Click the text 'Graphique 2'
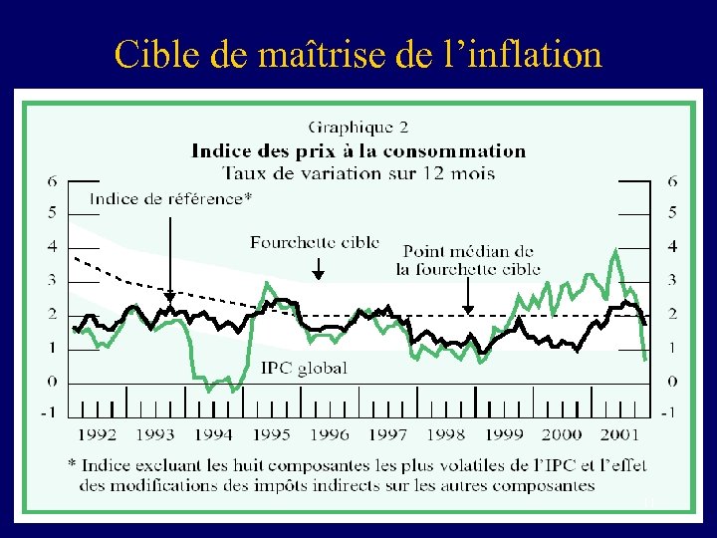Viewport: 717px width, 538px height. [x=358, y=128]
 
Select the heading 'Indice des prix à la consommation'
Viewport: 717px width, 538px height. [x=358, y=151]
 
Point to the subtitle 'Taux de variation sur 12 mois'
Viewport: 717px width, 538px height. [x=358, y=173]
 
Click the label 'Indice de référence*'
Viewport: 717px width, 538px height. [x=170, y=198]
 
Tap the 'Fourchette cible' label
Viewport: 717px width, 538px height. [x=315, y=242]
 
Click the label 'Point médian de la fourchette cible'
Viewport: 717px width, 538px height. [x=468, y=260]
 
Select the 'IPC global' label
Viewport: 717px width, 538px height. [x=304, y=368]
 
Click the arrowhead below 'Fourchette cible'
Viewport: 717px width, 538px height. [x=319, y=273]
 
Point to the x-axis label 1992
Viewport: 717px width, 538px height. [x=97, y=433]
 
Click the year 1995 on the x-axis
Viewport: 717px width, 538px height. [x=272, y=433]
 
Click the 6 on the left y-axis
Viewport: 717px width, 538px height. [x=52, y=180]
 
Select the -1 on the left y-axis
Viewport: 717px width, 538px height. [x=49, y=411]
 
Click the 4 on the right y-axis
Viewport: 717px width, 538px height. [x=673, y=246]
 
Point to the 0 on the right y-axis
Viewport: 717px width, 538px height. [x=673, y=382]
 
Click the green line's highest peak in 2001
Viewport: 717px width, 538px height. [x=616, y=249]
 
